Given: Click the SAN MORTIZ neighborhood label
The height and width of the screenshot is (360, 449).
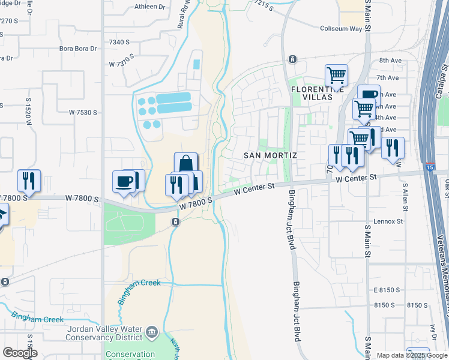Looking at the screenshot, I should click(270, 155).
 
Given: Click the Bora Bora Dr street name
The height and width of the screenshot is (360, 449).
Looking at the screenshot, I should click(77, 48).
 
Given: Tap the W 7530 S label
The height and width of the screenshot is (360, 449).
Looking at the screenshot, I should click(82, 112).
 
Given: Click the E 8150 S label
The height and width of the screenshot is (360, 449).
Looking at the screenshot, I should click(386, 290).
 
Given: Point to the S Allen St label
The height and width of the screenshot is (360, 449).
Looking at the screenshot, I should click(406, 197).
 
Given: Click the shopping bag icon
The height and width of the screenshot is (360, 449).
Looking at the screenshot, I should click(186, 164).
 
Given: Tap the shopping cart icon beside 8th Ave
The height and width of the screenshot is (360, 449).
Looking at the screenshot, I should click(336, 76).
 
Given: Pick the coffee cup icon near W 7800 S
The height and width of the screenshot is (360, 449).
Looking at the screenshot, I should click(124, 182).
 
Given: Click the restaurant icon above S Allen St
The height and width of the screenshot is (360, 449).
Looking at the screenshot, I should click(393, 148).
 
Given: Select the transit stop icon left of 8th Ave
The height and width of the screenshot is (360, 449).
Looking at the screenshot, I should click(292, 59).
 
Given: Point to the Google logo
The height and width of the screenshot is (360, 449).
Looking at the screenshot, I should click(19, 353).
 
